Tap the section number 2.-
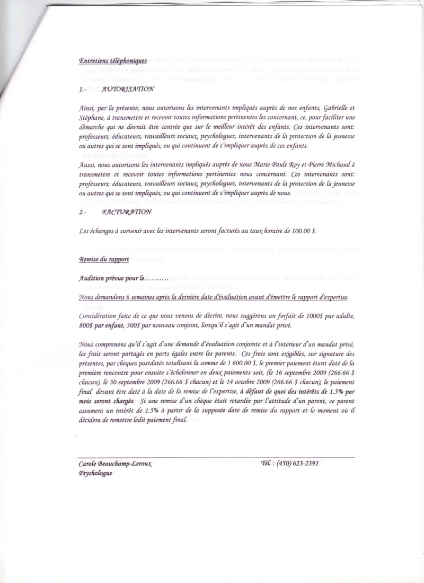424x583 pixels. [x=84, y=211]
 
